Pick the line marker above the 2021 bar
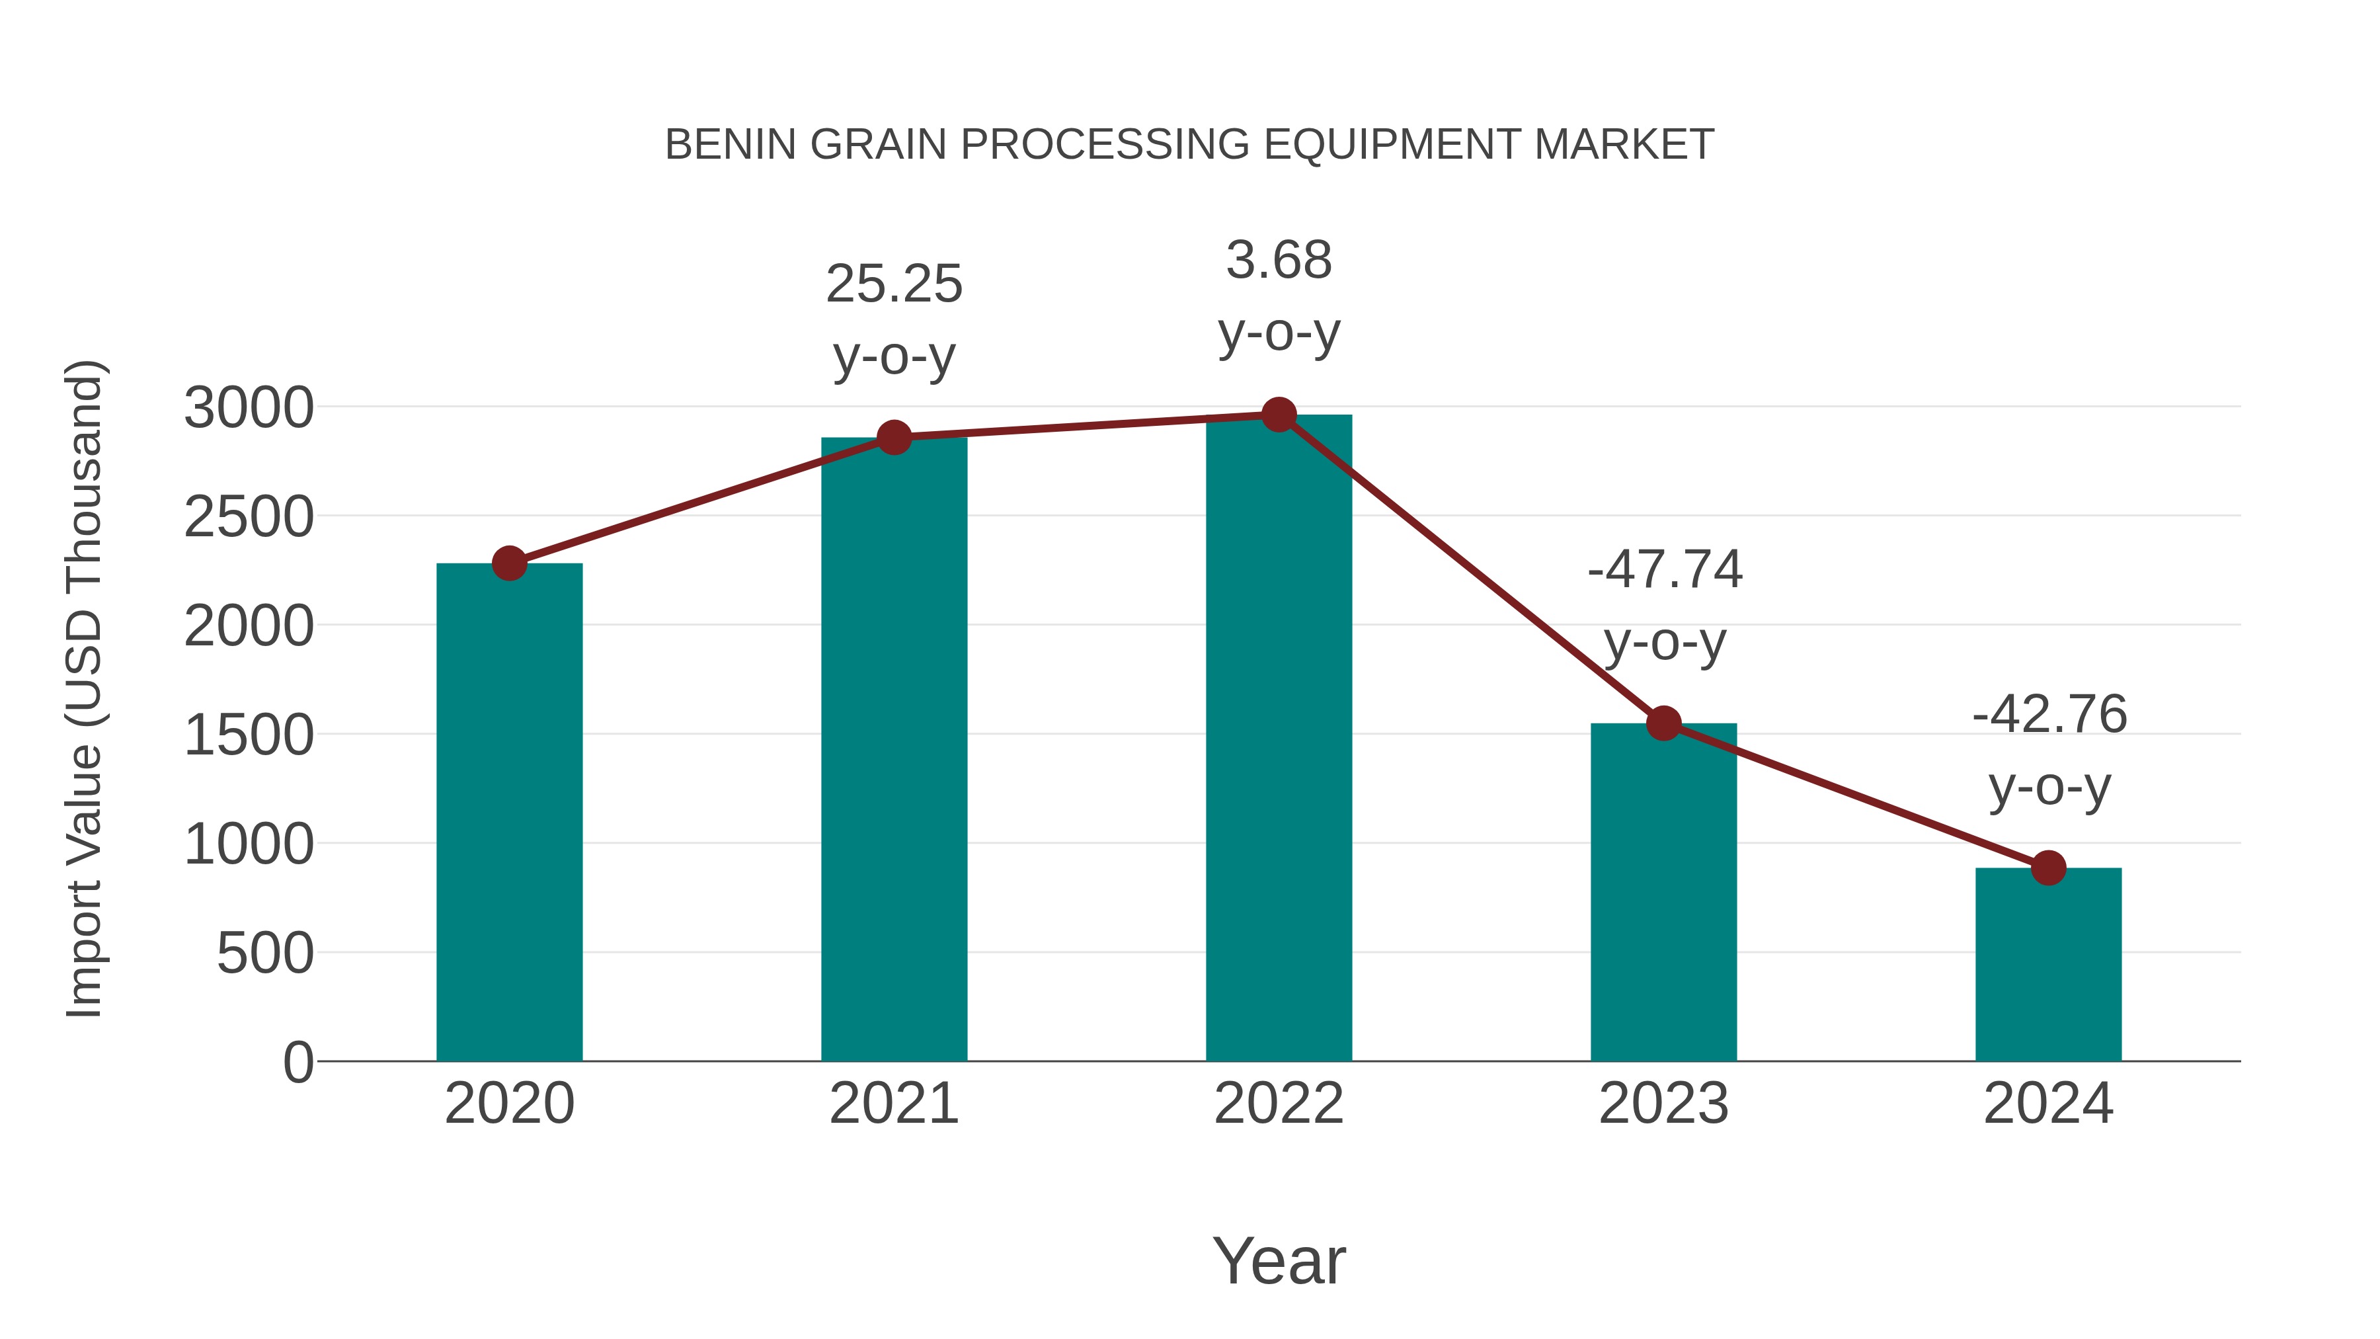click(893, 437)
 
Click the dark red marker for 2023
click(1663, 723)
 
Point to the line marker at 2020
click(509, 563)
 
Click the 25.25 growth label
click(893, 284)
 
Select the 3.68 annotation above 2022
click(1279, 260)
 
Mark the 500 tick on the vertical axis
click(265, 954)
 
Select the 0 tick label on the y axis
click(297, 1062)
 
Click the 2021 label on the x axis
click(893, 1104)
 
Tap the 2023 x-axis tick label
click(1663, 1104)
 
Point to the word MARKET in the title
click(1623, 145)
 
